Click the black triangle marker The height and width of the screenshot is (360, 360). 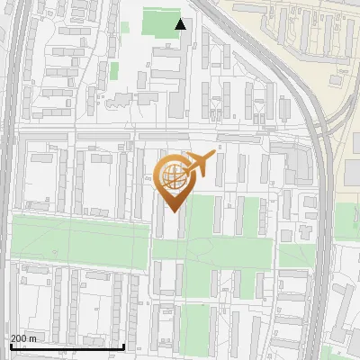181,24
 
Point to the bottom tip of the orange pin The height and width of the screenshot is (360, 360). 174,212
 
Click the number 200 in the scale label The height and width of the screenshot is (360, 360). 19,338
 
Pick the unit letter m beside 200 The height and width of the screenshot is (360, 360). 33,338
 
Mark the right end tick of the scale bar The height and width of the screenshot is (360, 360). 123,345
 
